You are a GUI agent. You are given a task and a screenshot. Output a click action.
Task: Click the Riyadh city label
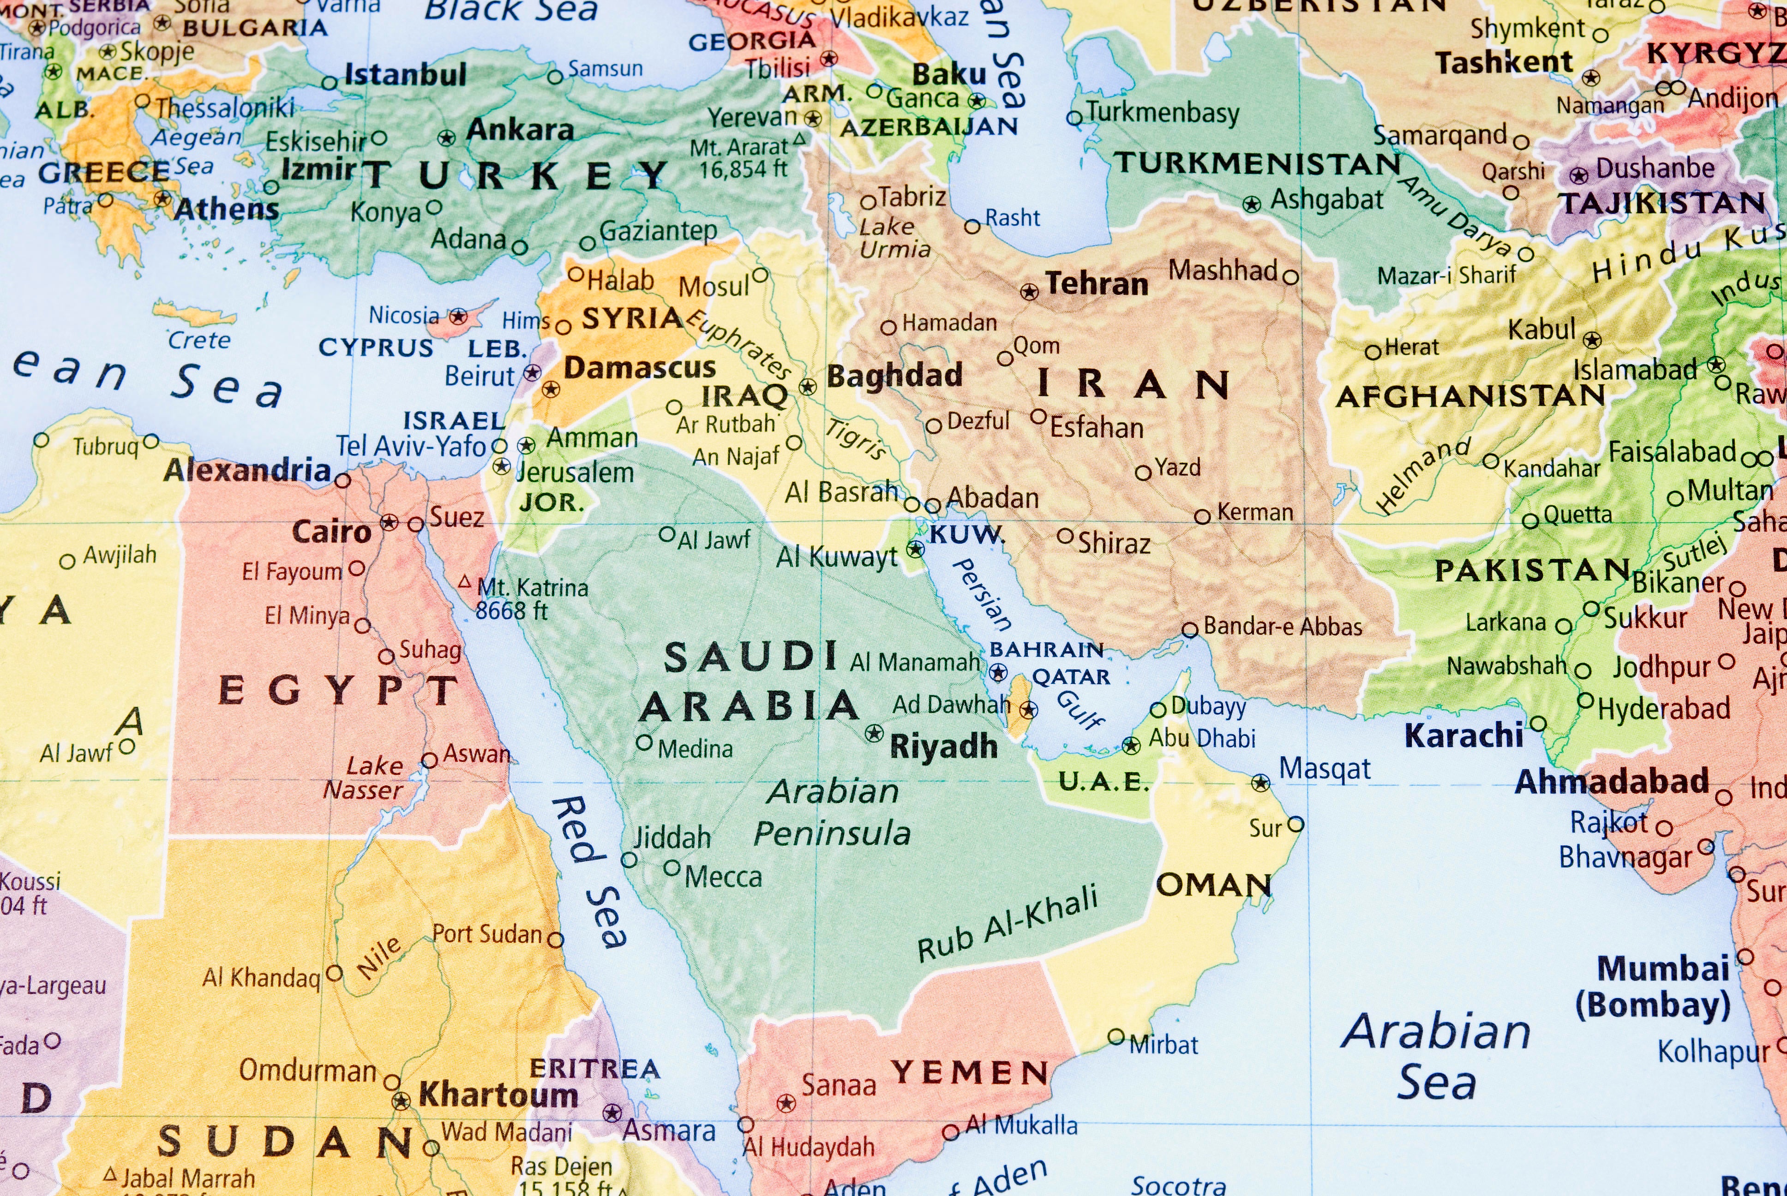coord(943,747)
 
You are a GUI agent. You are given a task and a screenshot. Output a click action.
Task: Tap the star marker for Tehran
coord(1030,291)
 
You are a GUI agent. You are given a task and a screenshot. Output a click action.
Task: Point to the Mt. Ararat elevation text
coord(743,168)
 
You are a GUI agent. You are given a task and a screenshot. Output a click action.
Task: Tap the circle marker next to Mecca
coord(671,868)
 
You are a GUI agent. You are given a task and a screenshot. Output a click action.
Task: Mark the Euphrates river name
coord(738,342)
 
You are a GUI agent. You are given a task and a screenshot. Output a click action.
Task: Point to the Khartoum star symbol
coord(401,1100)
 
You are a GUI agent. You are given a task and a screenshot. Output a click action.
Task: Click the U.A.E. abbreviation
coord(1103,782)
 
